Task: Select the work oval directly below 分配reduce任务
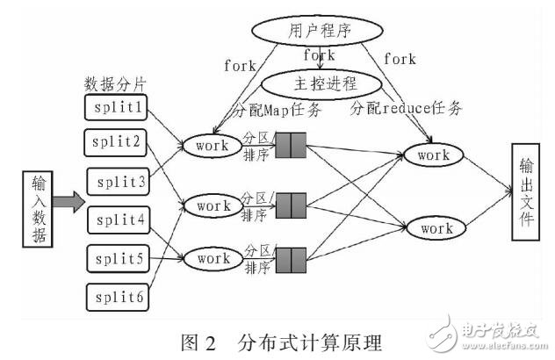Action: (x=433, y=155)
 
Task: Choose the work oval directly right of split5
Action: (x=213, y=259)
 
